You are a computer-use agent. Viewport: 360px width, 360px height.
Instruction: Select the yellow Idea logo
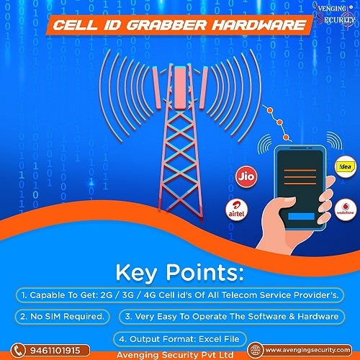coord(345,167)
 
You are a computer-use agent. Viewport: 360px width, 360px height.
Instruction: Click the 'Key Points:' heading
coord(179,274)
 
